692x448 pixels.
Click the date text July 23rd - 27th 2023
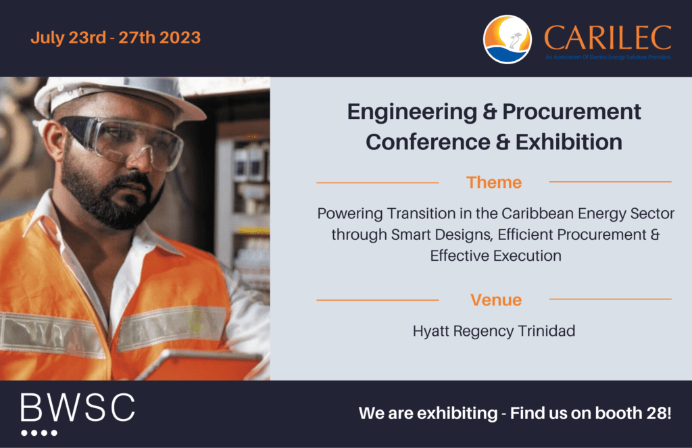pyautogui.click(x=116, y=38)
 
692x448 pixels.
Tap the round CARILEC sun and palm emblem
pyautogui.click(x=507, y=39)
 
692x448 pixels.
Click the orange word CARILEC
pyautogui.click(x=608, y=38)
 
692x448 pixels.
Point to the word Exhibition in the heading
pyautogui.click(x=569, y=142)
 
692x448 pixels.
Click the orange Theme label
pyautogui.click(x=494, y=182)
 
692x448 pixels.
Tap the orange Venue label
pyautogui.click(x=496, y=300)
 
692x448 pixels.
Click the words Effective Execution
pyautogui.click(x=495, y=256)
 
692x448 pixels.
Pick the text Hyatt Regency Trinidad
pyautogui.click(x=494, y=331)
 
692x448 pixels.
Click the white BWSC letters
pyautogui.click(x=78, y=407)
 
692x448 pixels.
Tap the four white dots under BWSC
pyautogui.click(x=39, y=433)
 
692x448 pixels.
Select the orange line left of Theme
pyautogui.click(x=377, y=182)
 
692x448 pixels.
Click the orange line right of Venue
pyautogui.click(x=610, y=299)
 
